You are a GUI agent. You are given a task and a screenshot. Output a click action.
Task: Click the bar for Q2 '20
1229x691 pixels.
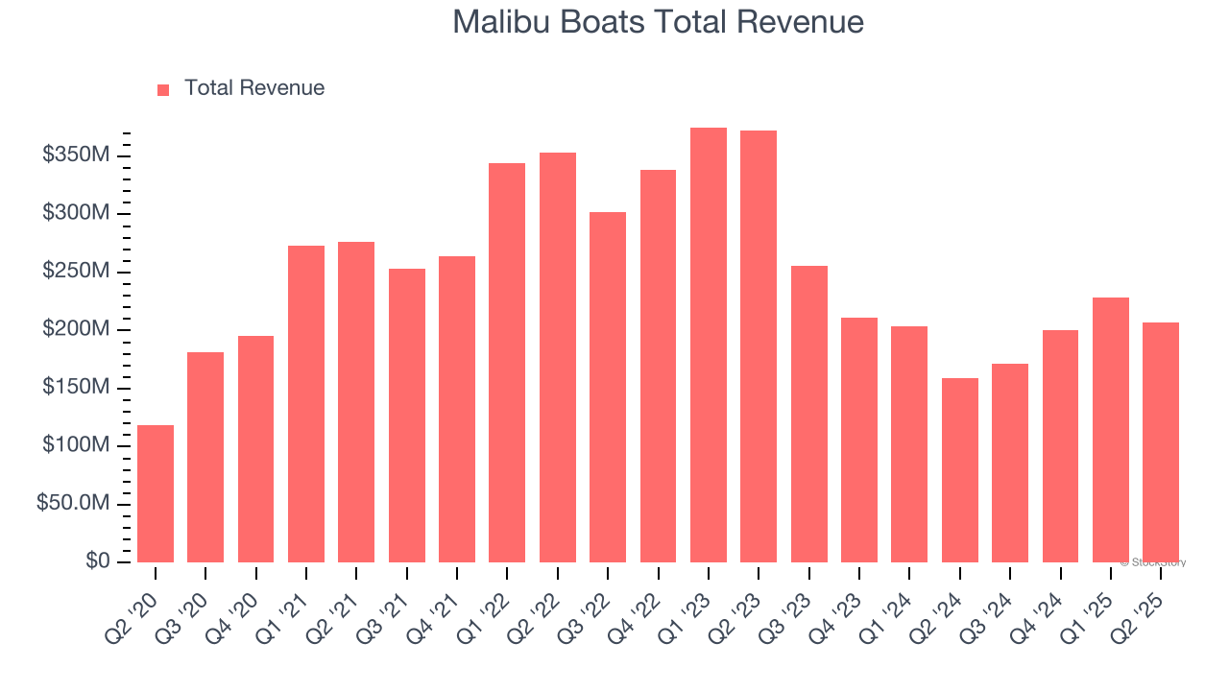(x=156, y=493)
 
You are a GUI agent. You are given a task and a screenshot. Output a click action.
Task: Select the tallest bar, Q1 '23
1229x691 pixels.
(x=709, y=345)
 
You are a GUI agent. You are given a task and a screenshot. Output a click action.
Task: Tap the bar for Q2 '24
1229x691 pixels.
(x=959, y=470)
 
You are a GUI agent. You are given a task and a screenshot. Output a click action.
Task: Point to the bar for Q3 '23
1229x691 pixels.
(x=808, y=414)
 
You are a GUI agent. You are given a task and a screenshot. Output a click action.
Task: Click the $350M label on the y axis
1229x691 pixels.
(x=76, y=155)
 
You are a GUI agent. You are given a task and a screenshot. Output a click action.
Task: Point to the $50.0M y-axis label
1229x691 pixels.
(x=73, y=504)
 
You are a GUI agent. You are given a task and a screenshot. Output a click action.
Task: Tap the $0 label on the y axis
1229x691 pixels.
(x=97, y=561)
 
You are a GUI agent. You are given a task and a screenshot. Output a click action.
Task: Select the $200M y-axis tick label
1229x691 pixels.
(x=76, y=329)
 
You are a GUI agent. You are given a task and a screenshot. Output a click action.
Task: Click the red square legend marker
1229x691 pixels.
(x=163, y=89)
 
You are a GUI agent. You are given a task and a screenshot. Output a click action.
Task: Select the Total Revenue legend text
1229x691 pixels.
(x=254, y=88)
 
